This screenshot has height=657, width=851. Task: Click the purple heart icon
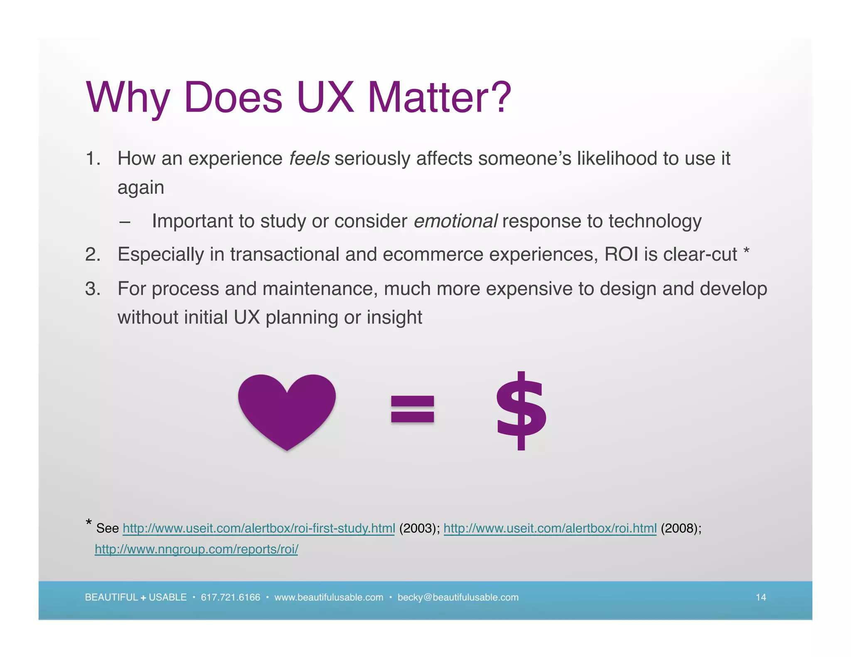point(287,409)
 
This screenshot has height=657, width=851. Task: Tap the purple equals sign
point(412,409)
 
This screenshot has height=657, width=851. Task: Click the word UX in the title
point(325,98)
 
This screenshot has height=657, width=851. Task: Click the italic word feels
point(309,159)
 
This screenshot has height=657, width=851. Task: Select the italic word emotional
point(455,221)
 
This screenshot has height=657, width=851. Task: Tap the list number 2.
point(93,254)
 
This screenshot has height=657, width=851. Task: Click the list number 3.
point(93,289)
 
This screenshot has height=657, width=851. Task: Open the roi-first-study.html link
point(258,528)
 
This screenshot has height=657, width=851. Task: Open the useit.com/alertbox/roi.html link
point(550,528)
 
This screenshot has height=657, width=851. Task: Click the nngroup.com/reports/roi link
point(196,549)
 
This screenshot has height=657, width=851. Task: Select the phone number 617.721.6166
point(230,597)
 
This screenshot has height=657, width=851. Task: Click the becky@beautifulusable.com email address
point(458,597)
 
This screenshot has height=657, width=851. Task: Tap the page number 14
point(760,597)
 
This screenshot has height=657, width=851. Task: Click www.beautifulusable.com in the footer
point(329,597)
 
